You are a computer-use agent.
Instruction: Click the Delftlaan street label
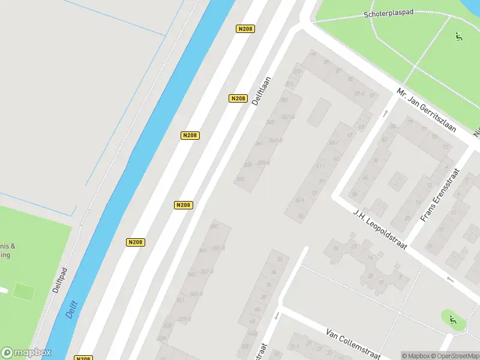262,91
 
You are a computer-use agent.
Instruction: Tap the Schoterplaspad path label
388,13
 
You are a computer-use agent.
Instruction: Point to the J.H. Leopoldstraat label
380,231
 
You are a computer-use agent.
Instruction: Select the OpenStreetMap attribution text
452,356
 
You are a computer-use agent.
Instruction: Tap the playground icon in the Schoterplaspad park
459,37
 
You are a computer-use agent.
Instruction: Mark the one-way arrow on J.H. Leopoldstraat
451,280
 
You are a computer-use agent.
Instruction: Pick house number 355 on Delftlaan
241,179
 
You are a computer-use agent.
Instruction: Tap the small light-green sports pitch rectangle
24,292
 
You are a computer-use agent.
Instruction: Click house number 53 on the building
301,215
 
